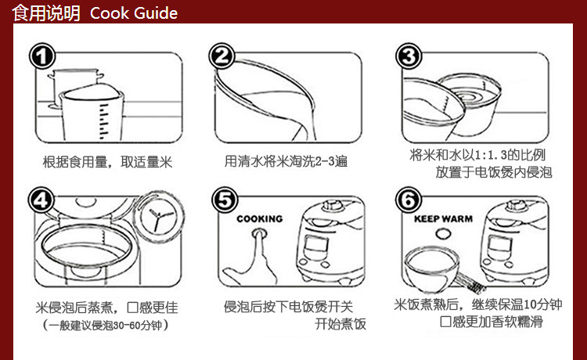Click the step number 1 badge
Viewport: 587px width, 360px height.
[x=42, y=56]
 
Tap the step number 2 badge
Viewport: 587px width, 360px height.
[x=221, y=56]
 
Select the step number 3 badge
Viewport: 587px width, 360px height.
[x=409, y=56]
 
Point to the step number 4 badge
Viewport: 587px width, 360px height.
[x=41, y=200]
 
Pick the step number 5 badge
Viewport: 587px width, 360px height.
[x=225, y=200]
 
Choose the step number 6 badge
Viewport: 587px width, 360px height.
[x=408, y=200]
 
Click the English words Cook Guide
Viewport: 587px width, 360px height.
[x=134, y=13]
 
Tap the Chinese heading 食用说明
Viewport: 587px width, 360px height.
[x=45, y=13]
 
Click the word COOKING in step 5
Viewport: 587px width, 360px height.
[x=259, y=219]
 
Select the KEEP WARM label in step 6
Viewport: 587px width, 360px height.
[x=443, y=219]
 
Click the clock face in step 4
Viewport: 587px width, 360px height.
[x=159, y=217]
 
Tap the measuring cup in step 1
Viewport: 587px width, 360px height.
[x=92, y=113]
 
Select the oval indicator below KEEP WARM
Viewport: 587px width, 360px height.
[x=443, y=234]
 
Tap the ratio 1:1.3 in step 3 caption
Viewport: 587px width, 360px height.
[x=492, y=154]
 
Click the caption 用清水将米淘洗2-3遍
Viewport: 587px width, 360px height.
[x=286, y=161]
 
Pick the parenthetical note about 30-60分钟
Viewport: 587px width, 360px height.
[x=106, y=325]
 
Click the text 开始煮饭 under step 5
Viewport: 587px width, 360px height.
[x=340, y=324]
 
